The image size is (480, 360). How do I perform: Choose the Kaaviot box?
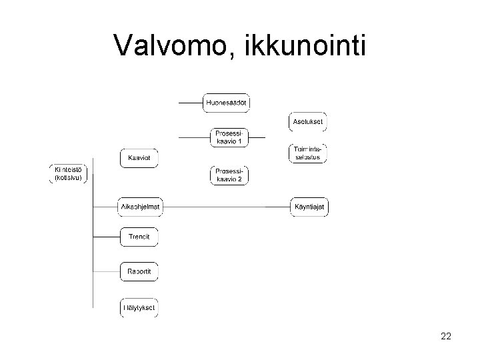pos(140,159)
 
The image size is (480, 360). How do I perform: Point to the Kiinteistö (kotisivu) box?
pos(69,173)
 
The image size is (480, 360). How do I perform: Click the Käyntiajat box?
pos(309,207)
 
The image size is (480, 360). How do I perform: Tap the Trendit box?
pos(140,237)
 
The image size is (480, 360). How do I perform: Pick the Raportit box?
pos(140,271)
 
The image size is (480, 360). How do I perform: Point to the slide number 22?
pos(445,337)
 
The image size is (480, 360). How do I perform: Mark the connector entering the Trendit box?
pos(107,237)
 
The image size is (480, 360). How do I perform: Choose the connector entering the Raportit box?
pos(107,271)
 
